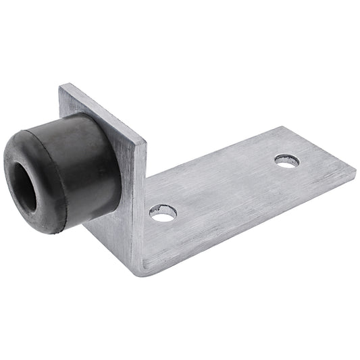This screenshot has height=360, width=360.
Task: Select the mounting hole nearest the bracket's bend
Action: point(163,213)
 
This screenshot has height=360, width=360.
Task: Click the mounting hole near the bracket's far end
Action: point(286,161)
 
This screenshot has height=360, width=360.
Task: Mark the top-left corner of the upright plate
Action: point(61,85)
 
